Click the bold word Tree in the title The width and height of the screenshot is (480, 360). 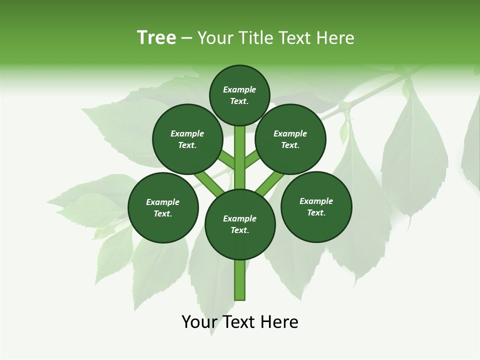156,37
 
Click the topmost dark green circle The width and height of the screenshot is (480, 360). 239,95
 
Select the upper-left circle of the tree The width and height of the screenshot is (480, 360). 187,139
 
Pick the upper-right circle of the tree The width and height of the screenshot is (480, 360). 290,139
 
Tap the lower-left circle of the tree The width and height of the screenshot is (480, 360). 163,207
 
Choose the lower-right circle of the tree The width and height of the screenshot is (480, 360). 316,206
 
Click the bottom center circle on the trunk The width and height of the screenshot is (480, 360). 240,224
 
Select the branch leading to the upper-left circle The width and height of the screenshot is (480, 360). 226,160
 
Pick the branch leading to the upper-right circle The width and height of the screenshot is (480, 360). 253,160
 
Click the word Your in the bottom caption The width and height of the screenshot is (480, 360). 200,322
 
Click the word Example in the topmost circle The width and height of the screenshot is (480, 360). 239,89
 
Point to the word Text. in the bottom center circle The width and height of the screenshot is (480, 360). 239,230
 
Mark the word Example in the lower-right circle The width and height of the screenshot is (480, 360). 316,201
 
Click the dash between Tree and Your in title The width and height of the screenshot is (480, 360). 186,38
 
